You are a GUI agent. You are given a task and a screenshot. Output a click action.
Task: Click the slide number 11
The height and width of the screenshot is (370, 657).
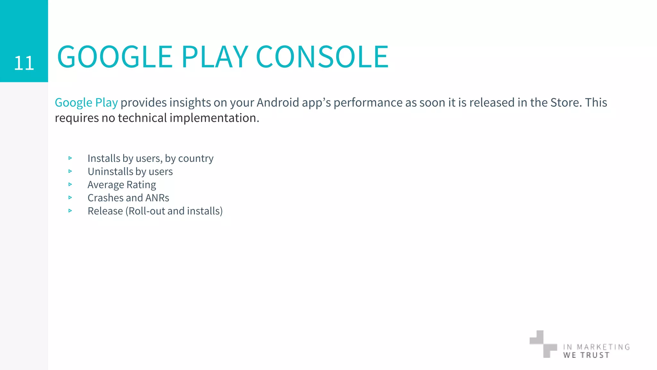click(x=24, y=63)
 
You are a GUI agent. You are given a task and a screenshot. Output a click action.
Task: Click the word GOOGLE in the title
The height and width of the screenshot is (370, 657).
click(x=115, y=57)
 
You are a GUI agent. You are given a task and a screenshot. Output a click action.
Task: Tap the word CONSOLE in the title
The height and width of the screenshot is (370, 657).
click(x=322, y=57)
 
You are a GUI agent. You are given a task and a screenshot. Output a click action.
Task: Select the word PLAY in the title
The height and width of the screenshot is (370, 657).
click(x=215, y=57)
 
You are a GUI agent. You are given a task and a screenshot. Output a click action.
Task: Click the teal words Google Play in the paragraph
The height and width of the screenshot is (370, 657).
click(x=86, y=103)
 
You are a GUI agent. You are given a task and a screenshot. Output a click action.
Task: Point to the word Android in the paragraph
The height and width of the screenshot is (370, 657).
click(x=278, y=103)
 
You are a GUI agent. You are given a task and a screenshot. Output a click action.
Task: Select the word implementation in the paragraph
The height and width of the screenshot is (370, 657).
click(x=214, y=118)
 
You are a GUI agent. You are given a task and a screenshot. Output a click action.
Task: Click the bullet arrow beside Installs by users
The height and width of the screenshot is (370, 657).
click(x=70, y=158)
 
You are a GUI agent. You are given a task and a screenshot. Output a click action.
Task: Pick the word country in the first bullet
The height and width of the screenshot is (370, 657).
click(x=196, y=159)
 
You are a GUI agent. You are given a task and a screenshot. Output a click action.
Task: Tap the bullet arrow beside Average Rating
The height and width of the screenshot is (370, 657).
click(x=70, y=184)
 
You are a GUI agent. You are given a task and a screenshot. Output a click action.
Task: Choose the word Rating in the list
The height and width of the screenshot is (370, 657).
click(x=141, y=185)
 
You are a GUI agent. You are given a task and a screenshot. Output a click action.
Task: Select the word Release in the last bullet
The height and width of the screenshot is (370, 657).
click(x=105, y=211)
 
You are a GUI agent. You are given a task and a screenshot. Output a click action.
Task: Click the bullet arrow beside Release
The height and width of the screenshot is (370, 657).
click(x=70, y=211)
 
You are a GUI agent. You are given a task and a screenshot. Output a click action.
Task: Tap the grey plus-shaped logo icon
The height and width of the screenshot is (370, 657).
click(x=543, y=344)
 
